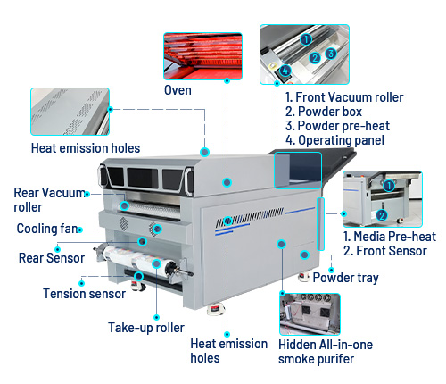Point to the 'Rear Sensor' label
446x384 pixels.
tap(51, 258)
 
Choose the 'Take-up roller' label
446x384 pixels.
tap(146, 327)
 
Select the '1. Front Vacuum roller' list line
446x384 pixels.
tap(344, 97)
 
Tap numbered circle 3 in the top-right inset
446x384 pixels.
tap(330, 53)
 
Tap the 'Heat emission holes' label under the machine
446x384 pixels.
tap(229, 350)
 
